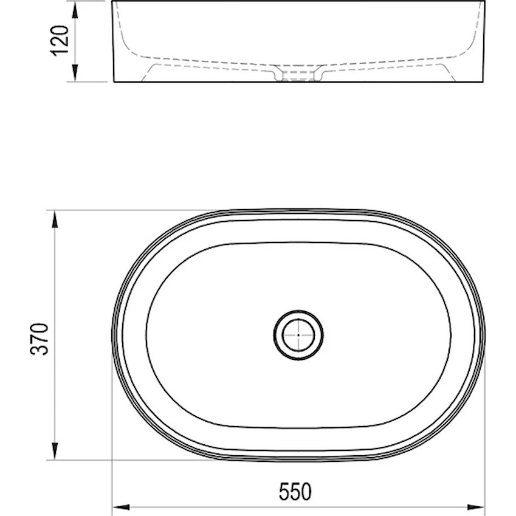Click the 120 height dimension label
[60, 41]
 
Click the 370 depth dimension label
[39, 339]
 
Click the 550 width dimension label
[295, 492]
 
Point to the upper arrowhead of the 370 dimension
[55, 219]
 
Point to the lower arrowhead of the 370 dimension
[55, 451]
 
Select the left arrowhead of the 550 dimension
[121, 507]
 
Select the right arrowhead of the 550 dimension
[476, 507]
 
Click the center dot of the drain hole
[298, 335]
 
